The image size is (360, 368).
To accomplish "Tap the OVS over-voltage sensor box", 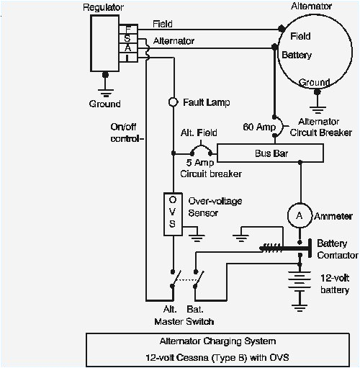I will click(x=173, y=212).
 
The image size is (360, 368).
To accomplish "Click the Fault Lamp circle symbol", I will click(x=173, y=102).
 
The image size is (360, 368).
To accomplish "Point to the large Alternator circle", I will click(x=314, y=53).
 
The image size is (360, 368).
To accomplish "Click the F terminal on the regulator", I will click(x=127, y=29).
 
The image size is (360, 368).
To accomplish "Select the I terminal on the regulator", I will click(x=127, y=57).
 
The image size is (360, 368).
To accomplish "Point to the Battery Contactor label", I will click(x=338, y=250).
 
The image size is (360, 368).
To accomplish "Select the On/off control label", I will click(x=127, y=133).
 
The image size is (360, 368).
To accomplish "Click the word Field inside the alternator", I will click(x=300, y=35).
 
